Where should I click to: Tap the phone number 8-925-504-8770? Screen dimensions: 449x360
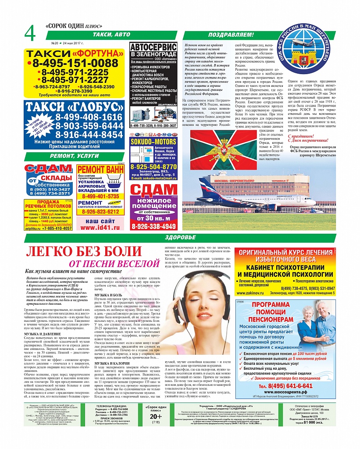click(x=154, y=167)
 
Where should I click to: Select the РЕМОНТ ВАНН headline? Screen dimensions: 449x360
click(x=100, y=171)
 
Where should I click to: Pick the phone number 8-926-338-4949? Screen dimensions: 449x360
click(x=153, y=227)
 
